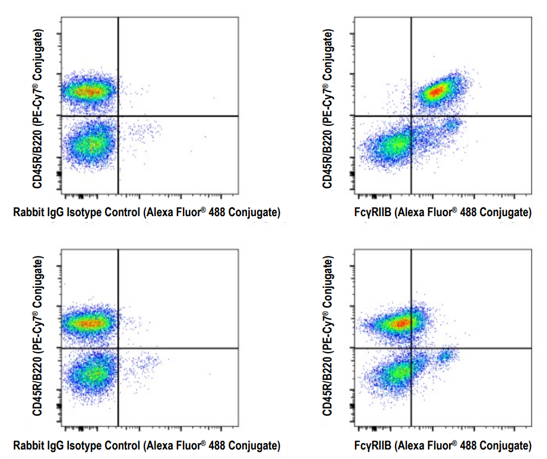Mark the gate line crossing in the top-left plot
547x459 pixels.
[x=119, y=116]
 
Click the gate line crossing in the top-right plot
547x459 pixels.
[x=411, y=116]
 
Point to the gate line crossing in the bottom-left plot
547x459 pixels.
[x=119, y=348]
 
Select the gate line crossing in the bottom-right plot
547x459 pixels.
[x=411, y=348]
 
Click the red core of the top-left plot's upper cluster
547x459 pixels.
[x=88, y=91]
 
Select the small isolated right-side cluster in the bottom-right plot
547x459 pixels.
[x=445, y=356]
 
